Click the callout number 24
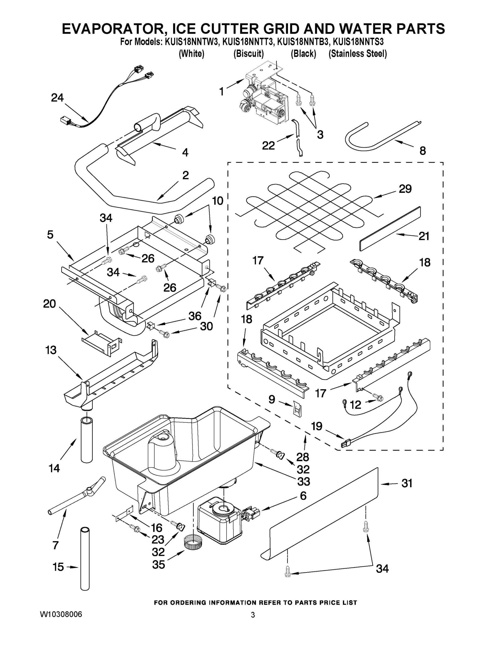pyautogui.click(x=57, y=98)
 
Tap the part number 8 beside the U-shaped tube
pyautogui.click(x=422, y=151)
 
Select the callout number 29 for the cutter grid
pyautogui.click(x=405, y=189)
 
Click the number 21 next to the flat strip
pyautogui.click(x=424, y=236)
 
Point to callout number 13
pyautogui.click(x=51, y=350)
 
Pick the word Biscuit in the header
pyautogui.click(x=248, y=54)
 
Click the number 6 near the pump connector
pyautogui.click(x=303, y=496)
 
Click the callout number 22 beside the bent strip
pyautogui.click(x=268, y=146)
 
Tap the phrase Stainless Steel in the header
pyautogui.click(x=358, y=54)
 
